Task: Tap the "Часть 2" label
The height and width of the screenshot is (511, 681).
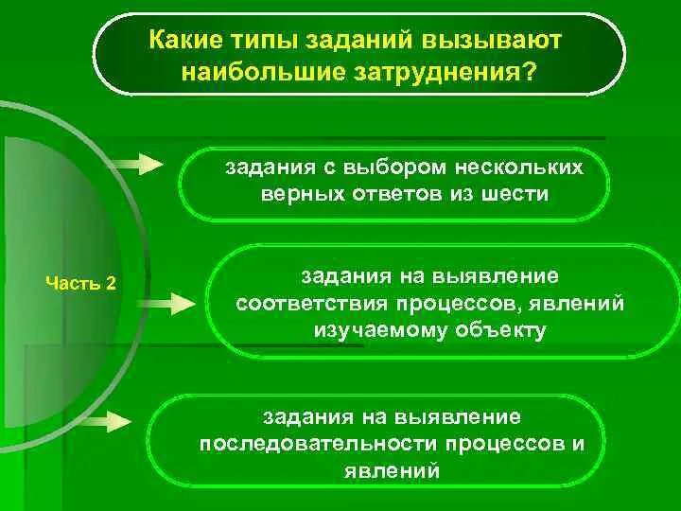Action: [81, 283]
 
